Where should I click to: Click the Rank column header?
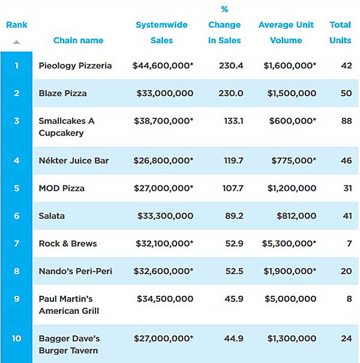coord(16,25)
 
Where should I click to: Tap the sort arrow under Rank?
coord(16,42)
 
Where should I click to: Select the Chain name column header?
coord(78,40)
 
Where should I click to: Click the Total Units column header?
coord(340,32)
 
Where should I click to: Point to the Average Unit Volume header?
coord(286,32)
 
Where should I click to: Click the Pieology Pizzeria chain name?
coord(75,65)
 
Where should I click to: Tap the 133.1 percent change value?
coord(233,121)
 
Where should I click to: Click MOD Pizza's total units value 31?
coord(346,188)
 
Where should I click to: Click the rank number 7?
coord(16,243)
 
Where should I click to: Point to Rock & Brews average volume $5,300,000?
coord(289,243)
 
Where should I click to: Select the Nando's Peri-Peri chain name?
coord(76,271)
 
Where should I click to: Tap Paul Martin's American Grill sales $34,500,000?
coord(165,298)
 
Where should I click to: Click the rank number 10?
coord(16,338)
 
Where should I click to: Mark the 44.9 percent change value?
coord(233,338)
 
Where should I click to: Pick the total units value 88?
coord(346,121)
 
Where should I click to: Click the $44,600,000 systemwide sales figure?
coord(163,65)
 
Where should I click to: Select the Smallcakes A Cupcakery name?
coord(67,127)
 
